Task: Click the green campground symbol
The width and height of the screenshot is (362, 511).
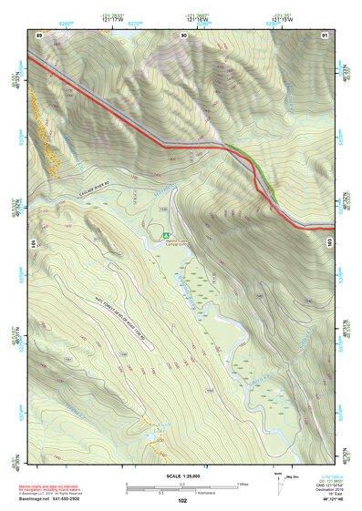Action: pyautogui.click(x=166, y=235)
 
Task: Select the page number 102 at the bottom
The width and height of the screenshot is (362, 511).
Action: pyautogui.click(x=182, y=501)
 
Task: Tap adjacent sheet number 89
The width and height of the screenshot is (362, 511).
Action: pyautogui.click(x=38, y=34)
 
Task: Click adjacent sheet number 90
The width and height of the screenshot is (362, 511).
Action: pyautogui.click(x=184, y=34)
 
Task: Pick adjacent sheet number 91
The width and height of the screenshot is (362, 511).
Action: pyautogui.click(x=325, y=34)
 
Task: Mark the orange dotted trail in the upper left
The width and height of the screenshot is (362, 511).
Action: pyautogui.click(x=46, y=138)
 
